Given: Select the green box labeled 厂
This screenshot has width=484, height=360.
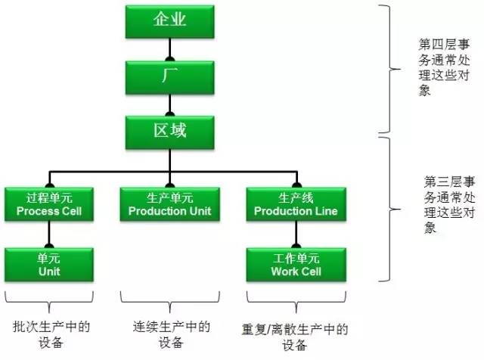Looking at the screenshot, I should pyautogui.click(x=169, y=76).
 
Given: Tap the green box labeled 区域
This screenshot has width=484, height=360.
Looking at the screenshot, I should pyautogui.click(x=169, y=132).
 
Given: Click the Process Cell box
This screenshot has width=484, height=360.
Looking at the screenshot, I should pyautogui.click(x=48, y=204).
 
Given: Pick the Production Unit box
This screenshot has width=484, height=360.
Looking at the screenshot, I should pyautogui.click(x=169, y=204).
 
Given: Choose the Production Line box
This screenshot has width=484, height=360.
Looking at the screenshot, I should pyautogui.click(x=295, y=204).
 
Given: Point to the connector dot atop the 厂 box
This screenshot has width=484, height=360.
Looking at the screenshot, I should pyautogui.click(x=169, y=58).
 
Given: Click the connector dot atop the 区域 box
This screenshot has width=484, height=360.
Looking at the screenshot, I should pyautogui.click(x=169, y=115).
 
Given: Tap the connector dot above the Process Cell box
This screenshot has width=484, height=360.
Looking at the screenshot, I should pyautogui.click(x=49, y=186).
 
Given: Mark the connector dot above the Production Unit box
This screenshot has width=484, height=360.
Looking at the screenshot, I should pyautogui.click(x=169, y=186).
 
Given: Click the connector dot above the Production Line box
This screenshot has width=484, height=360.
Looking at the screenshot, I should pyautogui.click(x=295, y=186).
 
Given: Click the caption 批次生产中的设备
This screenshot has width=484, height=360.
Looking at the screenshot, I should pyautogui.click(x=51, y=334).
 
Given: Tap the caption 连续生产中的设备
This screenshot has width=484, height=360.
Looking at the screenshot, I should pyautogui.click(x=171, y=334).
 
